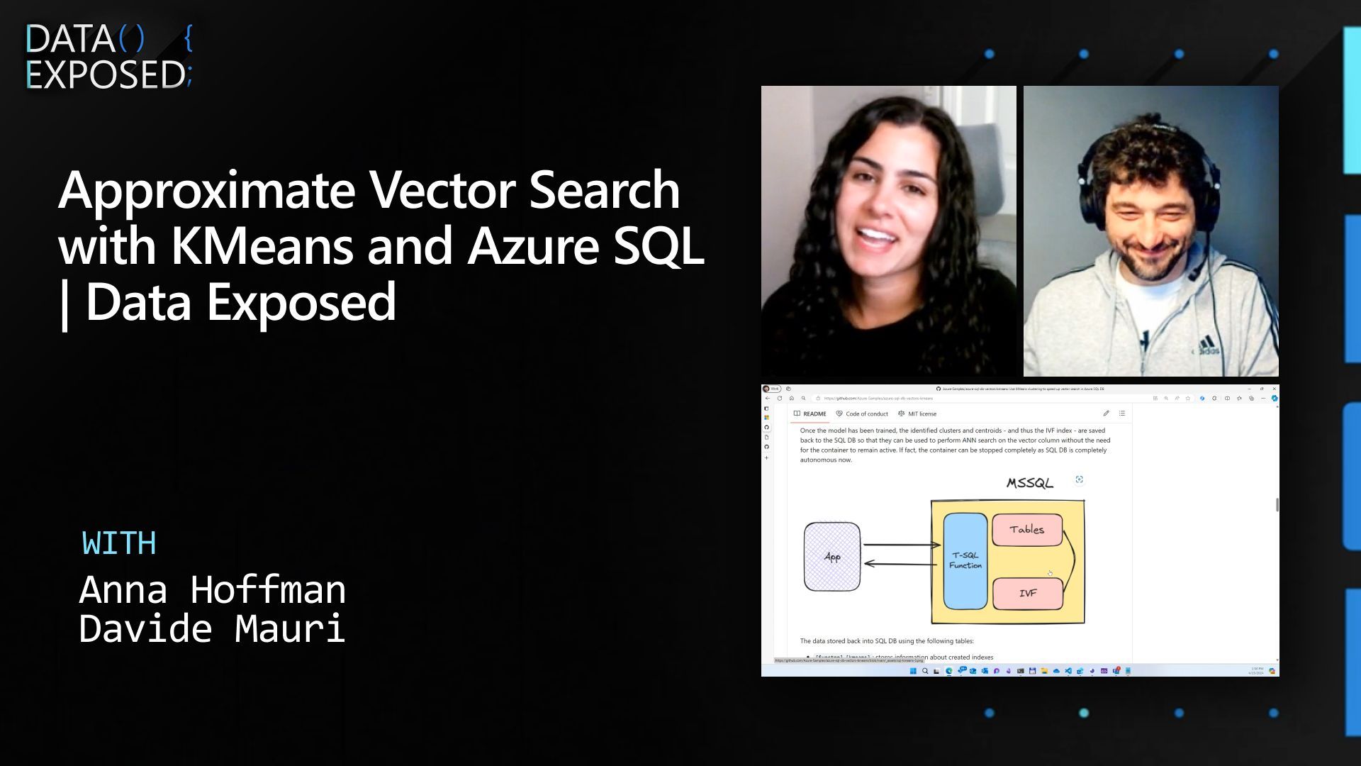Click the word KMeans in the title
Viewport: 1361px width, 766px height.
point(262,246)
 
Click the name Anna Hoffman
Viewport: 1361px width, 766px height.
point(212,589)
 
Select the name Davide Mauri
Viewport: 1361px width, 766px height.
point(212,628)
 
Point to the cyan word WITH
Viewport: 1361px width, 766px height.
point(119,543)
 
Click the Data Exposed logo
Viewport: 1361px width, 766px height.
point(108,57)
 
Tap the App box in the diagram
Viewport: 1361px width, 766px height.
point(831,557)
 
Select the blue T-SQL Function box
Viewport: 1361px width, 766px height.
point(965,560)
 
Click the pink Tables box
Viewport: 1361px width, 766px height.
point(1026,530)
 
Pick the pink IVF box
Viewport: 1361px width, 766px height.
point(1027,594)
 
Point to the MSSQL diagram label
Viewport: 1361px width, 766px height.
point(1029,483)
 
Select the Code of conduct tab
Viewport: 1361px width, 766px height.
point(862,413)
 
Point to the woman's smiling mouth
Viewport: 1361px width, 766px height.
point(877,235)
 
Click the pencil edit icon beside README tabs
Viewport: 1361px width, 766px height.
point(1106,413)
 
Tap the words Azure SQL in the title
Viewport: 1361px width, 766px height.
point(586,246)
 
